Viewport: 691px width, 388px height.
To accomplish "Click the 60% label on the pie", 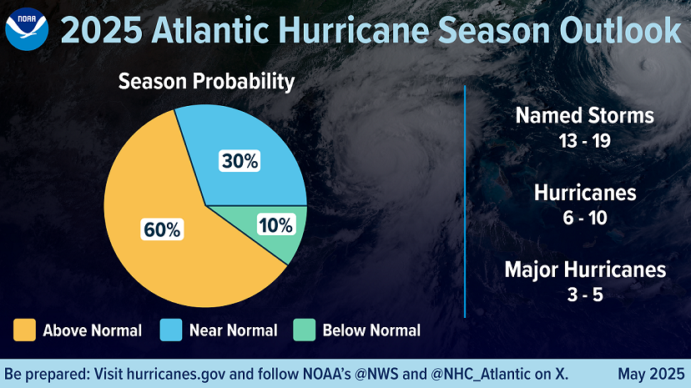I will pyautogui.click(x=162, y=229).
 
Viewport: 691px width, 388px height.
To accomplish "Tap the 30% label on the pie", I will pyautogui.click(x=240, y=162).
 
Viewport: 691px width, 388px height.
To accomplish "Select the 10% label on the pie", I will pyautogui.click(x=275, y=224).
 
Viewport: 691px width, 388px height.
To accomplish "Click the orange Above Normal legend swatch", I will pyautogui.click(x=24, y=330).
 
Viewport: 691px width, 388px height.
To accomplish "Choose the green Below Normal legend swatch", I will pyautogui.click(x=304, y=330).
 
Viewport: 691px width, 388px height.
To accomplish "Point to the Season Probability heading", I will pyautogui.click(x=206, y=82).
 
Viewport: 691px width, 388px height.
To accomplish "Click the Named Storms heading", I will pyautogui.click(x=584, y=115).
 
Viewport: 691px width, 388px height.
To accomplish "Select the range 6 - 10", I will pyautogui.click(x=585, y=218).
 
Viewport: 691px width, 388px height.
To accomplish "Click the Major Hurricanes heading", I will pyautogui.click(x=585, y=270).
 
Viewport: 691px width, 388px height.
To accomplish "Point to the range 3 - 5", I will pyautogui.click(x=585, y=295).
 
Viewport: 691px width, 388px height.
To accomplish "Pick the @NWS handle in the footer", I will pyautogui.click(x=381, y=373).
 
